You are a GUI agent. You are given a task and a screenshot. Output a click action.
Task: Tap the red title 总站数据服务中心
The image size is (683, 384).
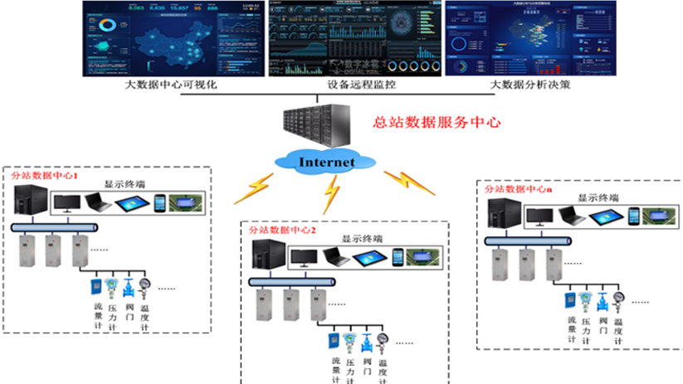(x=437, y=121)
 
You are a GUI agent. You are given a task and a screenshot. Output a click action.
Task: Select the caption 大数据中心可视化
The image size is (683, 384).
(x=170, y=84)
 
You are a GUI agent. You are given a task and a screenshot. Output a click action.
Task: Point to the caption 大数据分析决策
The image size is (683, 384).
(x=529, y=84)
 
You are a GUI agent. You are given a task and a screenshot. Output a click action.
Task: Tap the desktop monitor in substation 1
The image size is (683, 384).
(x=67, y=203)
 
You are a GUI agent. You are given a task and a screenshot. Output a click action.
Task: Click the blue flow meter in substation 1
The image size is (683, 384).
(x=97, y=289)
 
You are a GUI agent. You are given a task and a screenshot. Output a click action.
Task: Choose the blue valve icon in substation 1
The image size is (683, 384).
(x=128, y=289)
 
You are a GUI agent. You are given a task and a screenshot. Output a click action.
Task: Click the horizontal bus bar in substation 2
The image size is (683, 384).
(x=290, y=282)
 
